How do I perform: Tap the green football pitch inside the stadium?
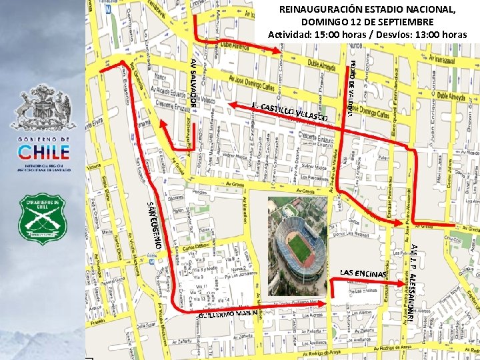(x=300, y=247)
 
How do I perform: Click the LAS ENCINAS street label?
(x=363, y=273)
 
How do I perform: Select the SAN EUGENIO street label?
(x=154, y=224)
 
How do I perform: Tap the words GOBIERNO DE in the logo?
(x=43, y=138)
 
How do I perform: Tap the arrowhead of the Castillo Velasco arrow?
(x=232, y=105)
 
